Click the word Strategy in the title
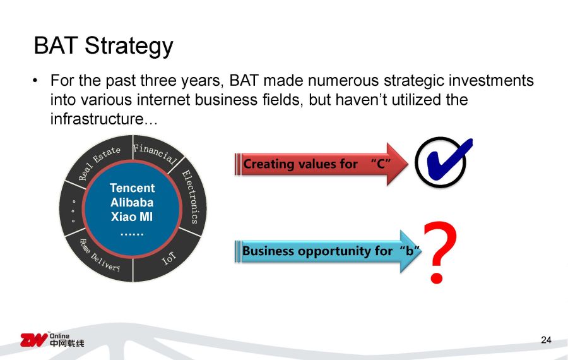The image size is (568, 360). click(x=129, y=46)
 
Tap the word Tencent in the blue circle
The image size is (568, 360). click(x=133, y=188)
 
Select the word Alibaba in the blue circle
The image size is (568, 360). click(x=132, y=202)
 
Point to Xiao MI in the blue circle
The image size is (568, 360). click(x=132, y=217)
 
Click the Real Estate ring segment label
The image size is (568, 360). click(x=99, y=162)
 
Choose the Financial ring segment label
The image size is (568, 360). click(x=155, y=153)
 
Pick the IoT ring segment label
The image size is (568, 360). click(x=169, y=258)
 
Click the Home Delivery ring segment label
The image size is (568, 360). click(x=99, y=256)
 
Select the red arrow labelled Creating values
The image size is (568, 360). click(x=321, y=164)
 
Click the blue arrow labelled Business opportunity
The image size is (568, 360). click(x=328, y=251)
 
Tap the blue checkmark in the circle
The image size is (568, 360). click(x=449, y=161)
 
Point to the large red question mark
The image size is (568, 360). click(x=439, y=251)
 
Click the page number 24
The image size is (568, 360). click(x=546, y=340)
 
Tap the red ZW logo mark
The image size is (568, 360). click(x=33, y=340)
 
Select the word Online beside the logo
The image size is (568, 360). click(x=59, y=336)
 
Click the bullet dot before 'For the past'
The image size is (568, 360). click(x=35, y=80)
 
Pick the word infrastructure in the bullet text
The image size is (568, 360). click(x=97, y=119)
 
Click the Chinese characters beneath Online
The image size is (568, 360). click(x=67, y=343)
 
